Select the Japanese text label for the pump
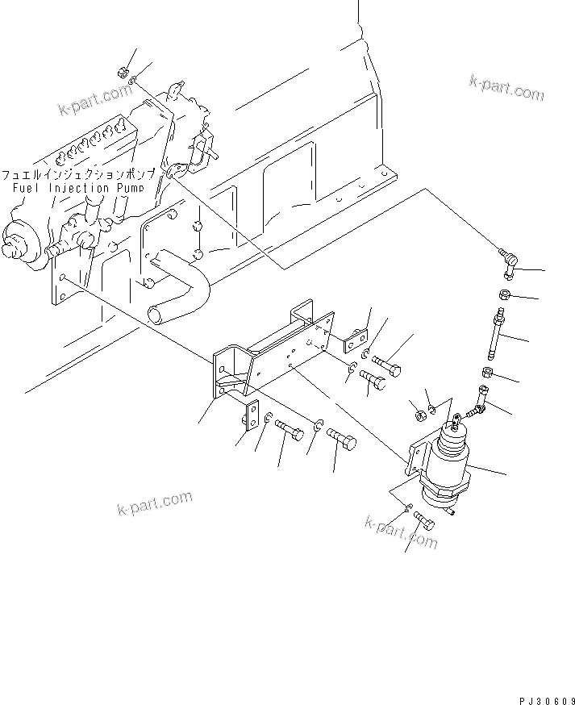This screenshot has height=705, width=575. pos(82,174)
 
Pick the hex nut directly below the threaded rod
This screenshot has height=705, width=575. pos(487,373)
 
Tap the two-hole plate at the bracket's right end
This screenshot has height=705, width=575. pos(356,340)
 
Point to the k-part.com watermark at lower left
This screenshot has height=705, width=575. pos(152,507)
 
